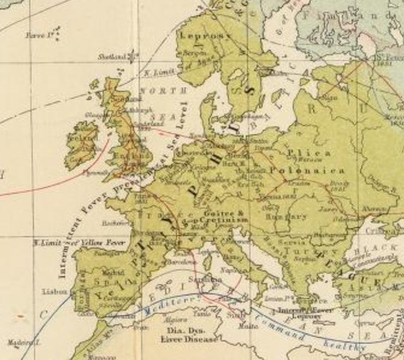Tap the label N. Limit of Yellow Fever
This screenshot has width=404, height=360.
click(71, 240)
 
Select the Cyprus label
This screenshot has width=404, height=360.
click(360, 324)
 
